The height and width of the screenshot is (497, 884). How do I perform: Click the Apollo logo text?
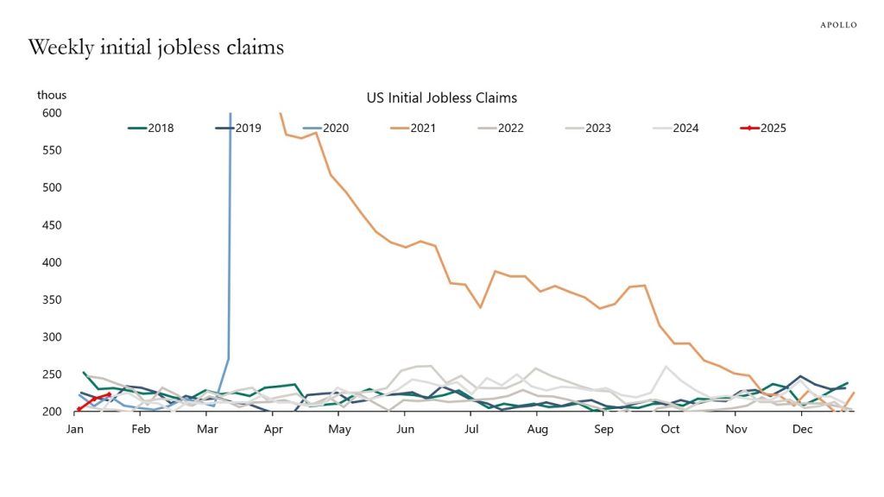point(837,25)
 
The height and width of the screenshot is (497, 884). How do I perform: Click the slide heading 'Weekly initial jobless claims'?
point(155,47)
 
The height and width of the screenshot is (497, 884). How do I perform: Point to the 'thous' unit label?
point(52,95)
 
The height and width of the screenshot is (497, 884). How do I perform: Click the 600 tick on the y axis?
point(54,113)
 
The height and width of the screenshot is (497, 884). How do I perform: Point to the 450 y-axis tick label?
point(54,225)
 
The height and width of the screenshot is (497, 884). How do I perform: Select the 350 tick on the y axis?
point(54,299)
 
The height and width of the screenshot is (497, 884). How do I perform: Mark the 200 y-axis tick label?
point(54,412)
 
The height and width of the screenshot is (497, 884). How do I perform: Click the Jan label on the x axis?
point(76,429)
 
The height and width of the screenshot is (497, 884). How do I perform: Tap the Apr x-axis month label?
point(273,429)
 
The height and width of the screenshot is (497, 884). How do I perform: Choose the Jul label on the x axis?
point(471,429)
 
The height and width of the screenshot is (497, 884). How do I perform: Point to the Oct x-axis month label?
point(669,429)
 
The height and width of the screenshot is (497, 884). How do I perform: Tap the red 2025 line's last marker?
point(109,394)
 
